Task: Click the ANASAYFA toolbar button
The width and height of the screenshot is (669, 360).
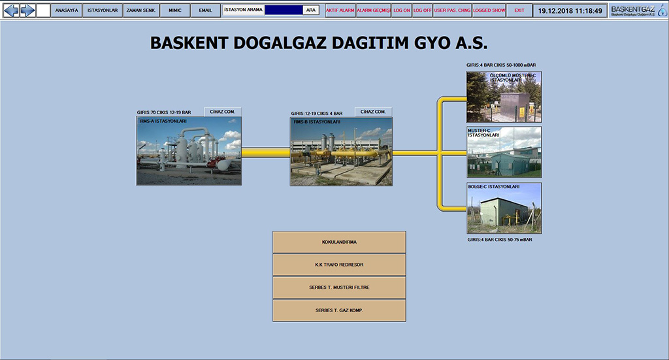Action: point(67,10)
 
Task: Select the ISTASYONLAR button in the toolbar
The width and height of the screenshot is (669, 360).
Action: point(103,10)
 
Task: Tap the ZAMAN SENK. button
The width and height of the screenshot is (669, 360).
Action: point(141,10)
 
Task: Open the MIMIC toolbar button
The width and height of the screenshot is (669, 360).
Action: point(175,10)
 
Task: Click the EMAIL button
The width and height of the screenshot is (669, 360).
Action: point(205,10)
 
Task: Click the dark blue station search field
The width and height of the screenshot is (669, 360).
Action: point(284,10)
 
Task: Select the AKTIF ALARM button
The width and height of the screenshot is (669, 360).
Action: point(340,10)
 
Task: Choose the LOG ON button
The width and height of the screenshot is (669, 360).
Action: point(402,10)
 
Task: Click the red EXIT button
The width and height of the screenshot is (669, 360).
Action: point(519,10)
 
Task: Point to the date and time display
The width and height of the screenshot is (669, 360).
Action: point(570,10)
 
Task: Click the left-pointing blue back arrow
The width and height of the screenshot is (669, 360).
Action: point(12,10)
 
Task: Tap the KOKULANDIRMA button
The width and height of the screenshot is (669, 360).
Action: point(339,242)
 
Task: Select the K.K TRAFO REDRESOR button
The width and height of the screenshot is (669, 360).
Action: point(339,265)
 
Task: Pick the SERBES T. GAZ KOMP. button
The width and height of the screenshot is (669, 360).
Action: point(339,310)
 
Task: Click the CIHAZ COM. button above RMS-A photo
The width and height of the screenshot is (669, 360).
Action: point(223,112)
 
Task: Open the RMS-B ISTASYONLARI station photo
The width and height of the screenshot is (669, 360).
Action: point(341,152)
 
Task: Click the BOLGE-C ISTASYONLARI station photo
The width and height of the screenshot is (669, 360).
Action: point(504,208)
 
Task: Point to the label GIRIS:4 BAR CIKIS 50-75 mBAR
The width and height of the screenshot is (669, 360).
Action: point(500,240)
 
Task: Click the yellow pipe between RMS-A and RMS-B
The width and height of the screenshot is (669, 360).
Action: point(266,153)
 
